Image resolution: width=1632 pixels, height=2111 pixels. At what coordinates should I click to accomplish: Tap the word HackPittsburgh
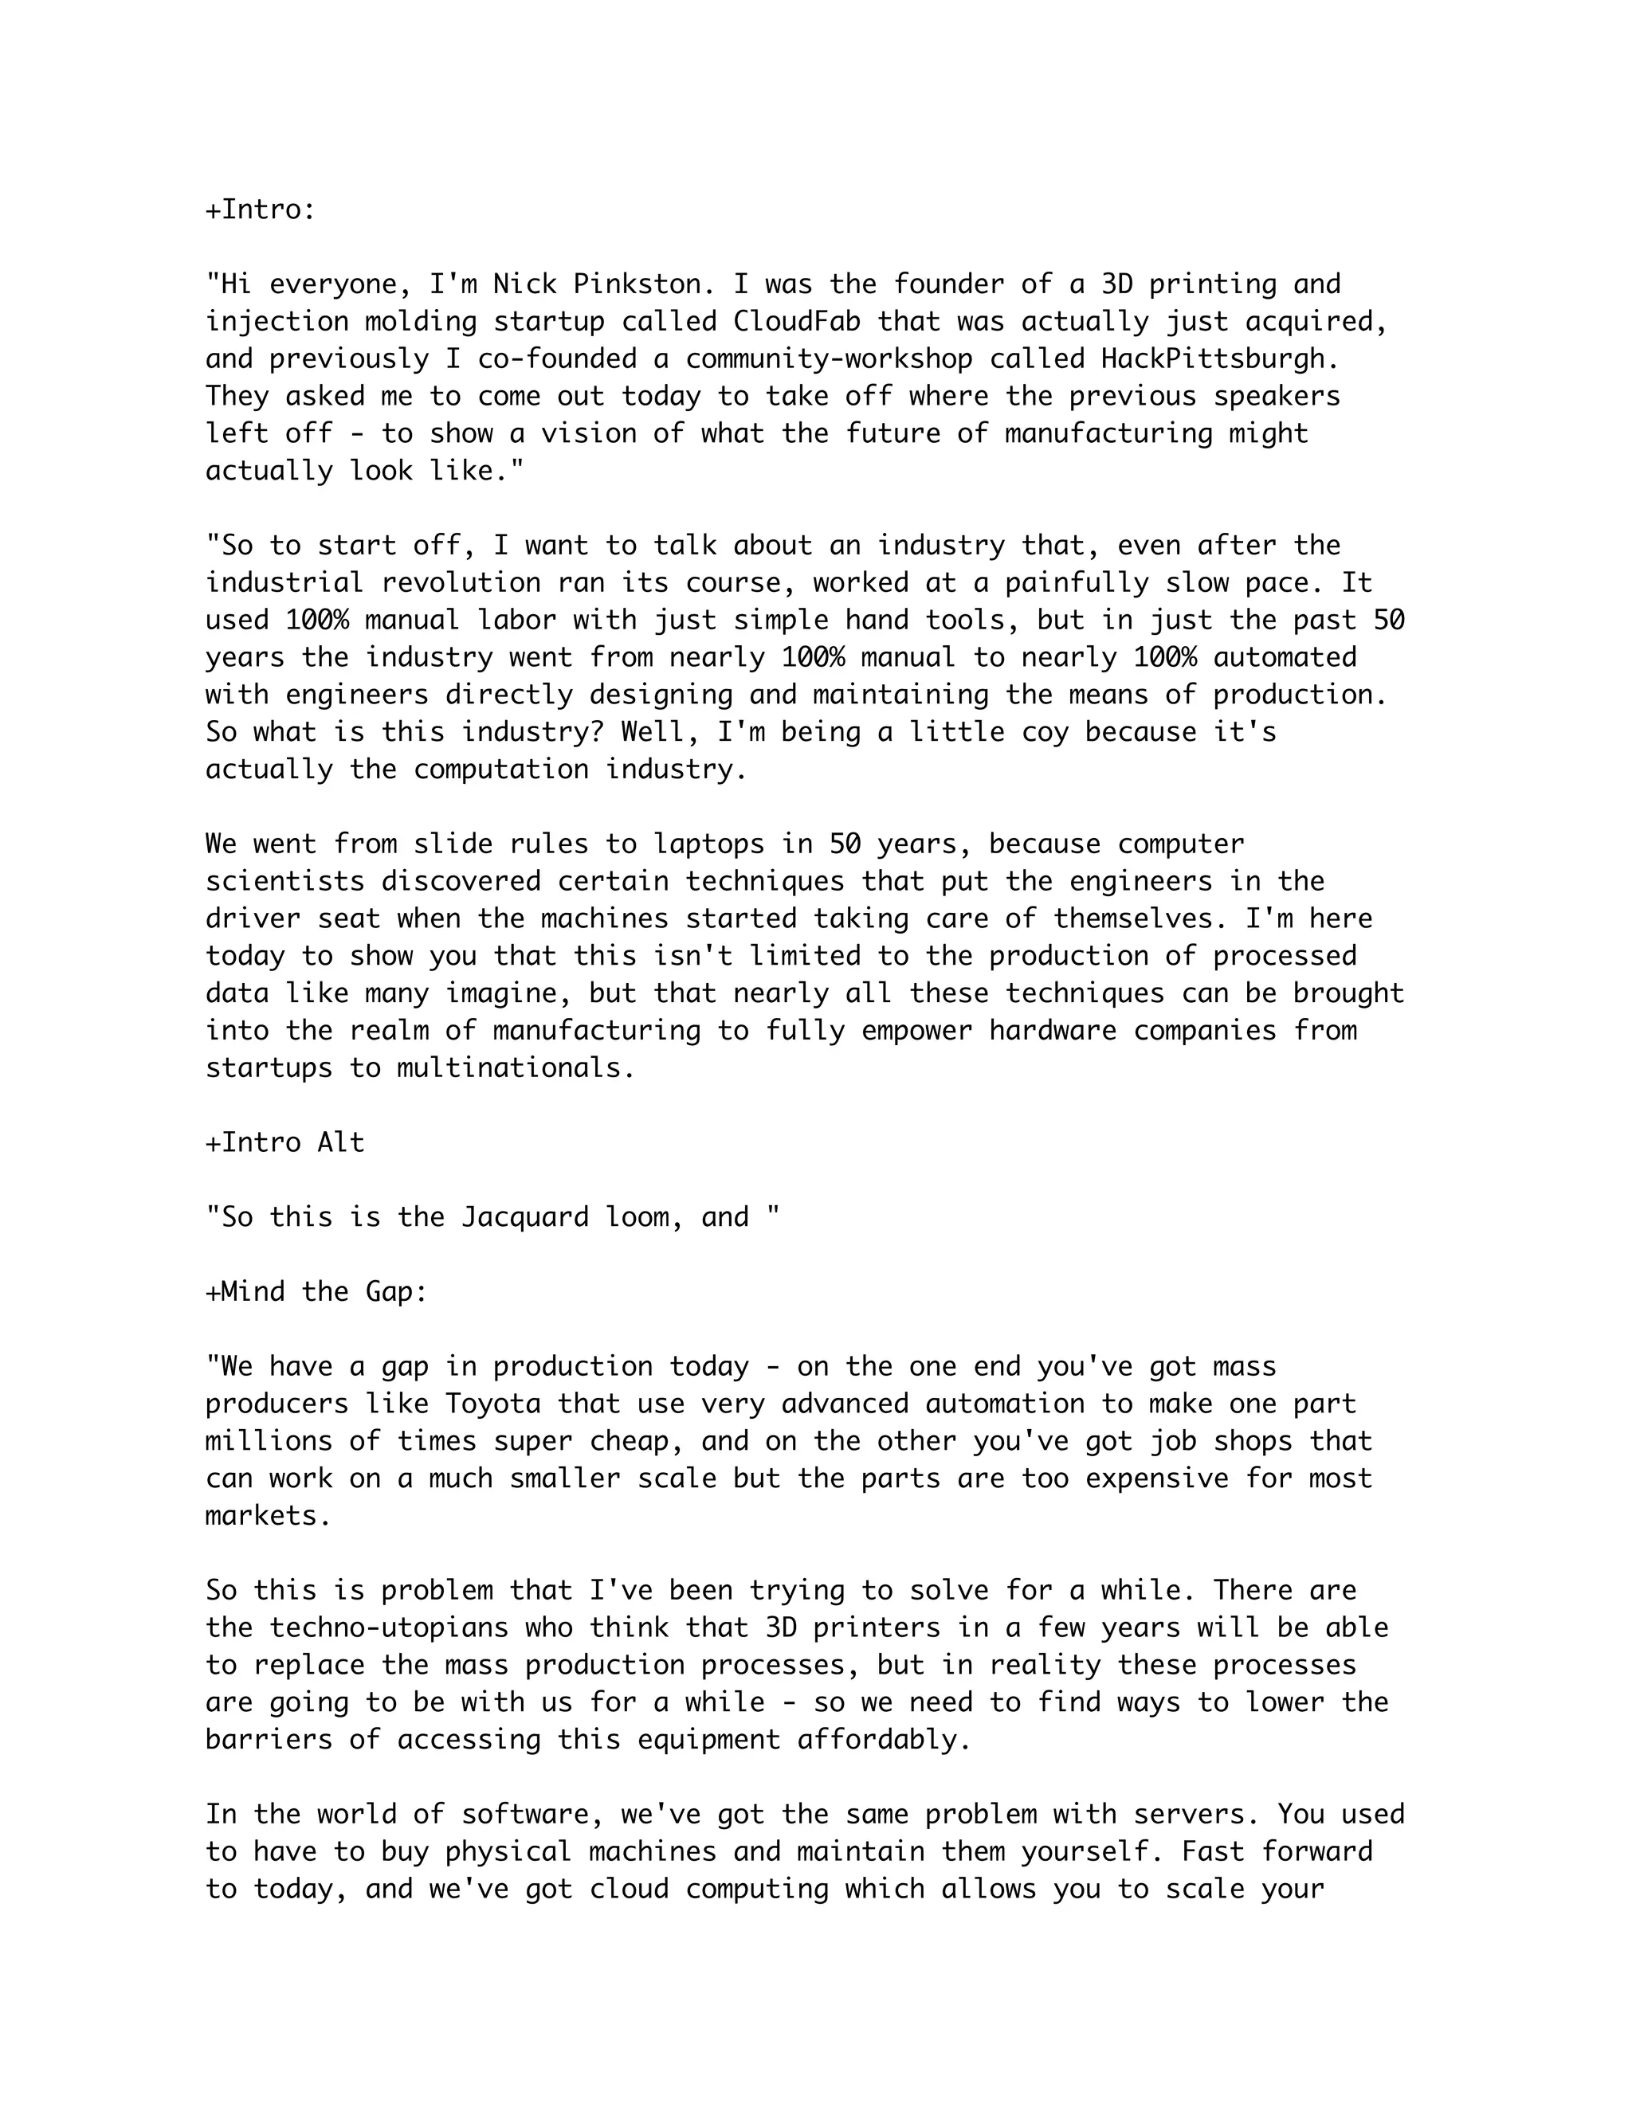[x=1220, y=358]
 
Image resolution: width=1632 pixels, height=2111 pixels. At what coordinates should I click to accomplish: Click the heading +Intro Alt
[x=285, y=1142]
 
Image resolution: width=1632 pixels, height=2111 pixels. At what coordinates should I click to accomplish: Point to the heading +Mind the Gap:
[x=316, y=1291]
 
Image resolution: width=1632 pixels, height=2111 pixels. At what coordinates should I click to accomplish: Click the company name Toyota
[x=493, y=1404]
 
